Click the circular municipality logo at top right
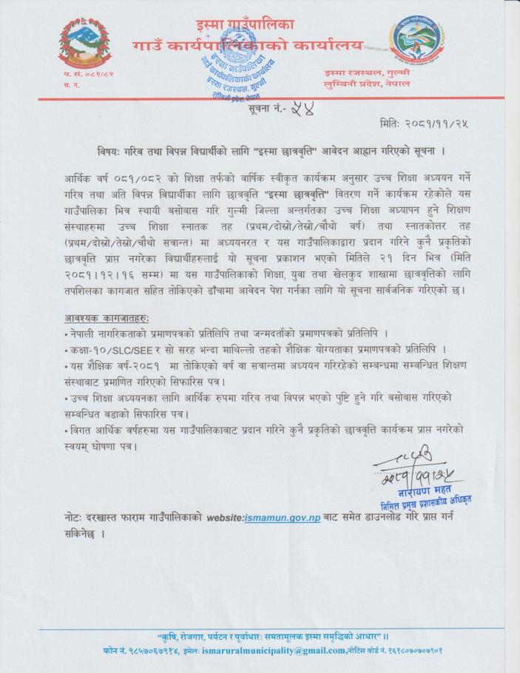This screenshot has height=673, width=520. point(419,42)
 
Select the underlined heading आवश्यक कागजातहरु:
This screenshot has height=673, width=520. point(107,318)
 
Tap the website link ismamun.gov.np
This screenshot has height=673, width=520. point(283,518)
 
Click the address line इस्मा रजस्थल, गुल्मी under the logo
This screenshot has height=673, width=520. point(367,72)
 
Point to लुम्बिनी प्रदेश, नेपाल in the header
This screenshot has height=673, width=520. point(367,84)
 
